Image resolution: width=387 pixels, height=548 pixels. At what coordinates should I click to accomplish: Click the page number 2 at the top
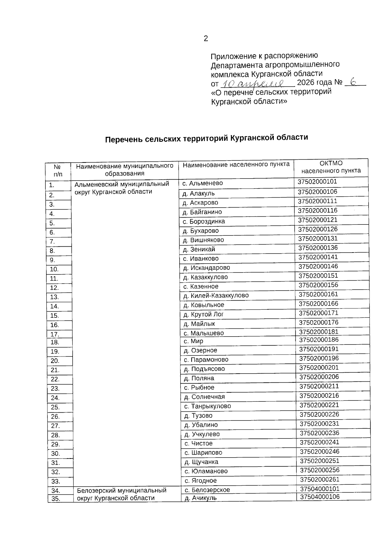[206, 39]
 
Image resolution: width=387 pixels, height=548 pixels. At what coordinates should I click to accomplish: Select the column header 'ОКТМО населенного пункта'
[331, 167]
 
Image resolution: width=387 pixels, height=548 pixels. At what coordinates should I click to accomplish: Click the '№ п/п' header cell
[57, 171]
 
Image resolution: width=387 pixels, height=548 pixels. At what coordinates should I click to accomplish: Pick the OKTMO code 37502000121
[317, 220]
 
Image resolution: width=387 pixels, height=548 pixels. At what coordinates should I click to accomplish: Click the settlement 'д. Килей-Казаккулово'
[216, 295]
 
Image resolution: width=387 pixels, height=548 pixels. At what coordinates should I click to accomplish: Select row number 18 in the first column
[55, 342]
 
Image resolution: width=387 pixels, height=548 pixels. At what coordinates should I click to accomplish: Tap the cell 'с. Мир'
[193, 341]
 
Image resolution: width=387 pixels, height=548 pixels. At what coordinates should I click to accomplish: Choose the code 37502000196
[319, 358]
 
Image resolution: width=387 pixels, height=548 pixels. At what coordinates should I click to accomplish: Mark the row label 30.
[55, 454]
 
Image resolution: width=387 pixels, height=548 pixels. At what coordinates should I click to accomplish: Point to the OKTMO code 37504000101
[320, 489]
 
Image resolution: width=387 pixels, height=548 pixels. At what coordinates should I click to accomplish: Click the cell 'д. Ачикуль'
[201, 498]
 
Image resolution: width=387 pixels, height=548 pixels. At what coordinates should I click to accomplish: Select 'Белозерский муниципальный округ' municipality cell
[122, 494]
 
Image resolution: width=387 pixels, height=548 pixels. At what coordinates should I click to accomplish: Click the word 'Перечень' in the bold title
[124, 140]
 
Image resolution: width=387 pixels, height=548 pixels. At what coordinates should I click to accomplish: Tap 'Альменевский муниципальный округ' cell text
[122, 188]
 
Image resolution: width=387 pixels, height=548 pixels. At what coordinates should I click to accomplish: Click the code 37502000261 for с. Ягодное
[320, 480]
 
